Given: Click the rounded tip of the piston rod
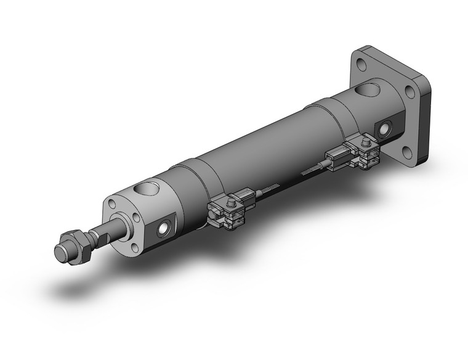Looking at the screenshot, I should pos(60,252).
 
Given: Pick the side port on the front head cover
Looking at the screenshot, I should pos(163,229).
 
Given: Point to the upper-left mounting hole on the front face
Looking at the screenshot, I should pos(111,204).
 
